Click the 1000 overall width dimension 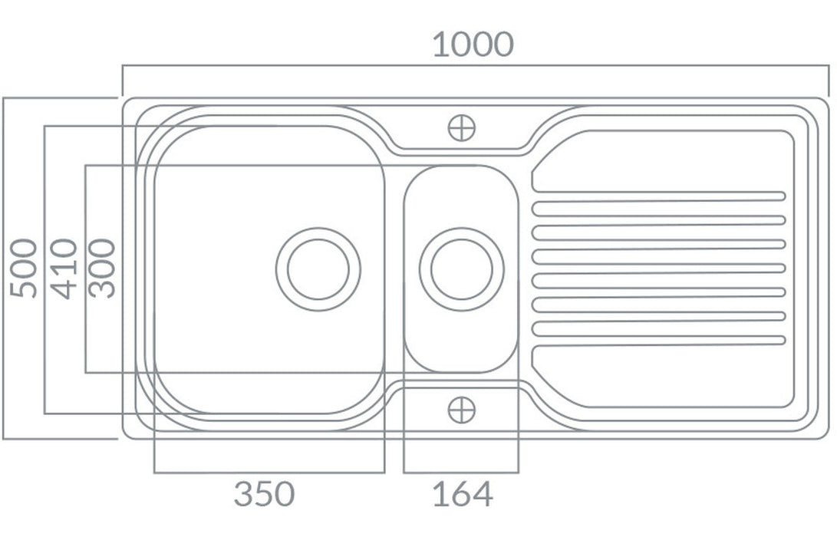(x=473, y=44)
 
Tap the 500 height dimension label (x=24, y=268)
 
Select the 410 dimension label (x=64, y=268)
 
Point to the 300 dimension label (x=102, y=268)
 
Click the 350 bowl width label (x=264, y=494)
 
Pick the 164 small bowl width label (x=463, y=494)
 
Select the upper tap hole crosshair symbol (x=462, y=128)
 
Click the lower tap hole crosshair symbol (x=462, y=410)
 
